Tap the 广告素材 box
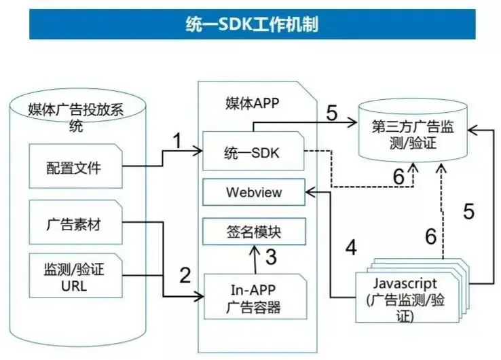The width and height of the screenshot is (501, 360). pyautogui.click(x=73, y=224)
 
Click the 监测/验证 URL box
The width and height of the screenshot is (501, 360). pyautogui.click(x=73, y=278)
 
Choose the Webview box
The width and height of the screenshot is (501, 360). pyautogui.click(x=253, y=193)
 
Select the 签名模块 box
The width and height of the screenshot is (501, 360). pyautogui.click(x=253, y=232)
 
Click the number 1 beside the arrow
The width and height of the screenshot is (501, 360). pyautogui.click(x=177, y=142)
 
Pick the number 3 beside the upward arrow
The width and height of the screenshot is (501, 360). pyautogui.click(x=270, y=257)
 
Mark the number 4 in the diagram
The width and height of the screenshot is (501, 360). pyautogui.click(x=350, y=247)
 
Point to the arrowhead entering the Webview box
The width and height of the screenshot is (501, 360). pyautogui.click(x=309, y=192)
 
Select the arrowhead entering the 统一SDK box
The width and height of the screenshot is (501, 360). pyautogui.click(x=199, y=151)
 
